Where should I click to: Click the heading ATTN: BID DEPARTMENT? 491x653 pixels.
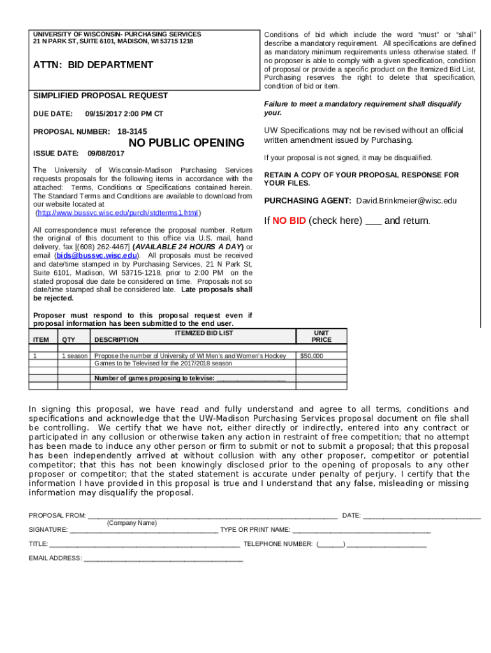93,64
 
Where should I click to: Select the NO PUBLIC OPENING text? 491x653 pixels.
186,142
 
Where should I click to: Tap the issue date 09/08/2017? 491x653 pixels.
106,154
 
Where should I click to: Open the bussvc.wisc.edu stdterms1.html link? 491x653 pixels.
118,213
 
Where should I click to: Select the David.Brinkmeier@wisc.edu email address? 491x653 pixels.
406,200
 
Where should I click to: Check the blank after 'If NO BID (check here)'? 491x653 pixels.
374,221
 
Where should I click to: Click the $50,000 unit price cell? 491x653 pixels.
312,356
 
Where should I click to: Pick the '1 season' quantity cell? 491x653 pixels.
75,356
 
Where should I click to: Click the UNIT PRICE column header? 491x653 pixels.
321,336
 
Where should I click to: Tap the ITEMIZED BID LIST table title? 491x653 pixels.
204,333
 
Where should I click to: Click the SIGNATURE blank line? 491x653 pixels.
143,529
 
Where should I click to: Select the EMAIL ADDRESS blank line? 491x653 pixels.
163,559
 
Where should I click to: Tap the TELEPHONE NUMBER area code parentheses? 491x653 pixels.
331,544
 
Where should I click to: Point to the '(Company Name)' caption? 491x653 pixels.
132,523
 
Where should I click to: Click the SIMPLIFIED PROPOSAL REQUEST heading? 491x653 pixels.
101,96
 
